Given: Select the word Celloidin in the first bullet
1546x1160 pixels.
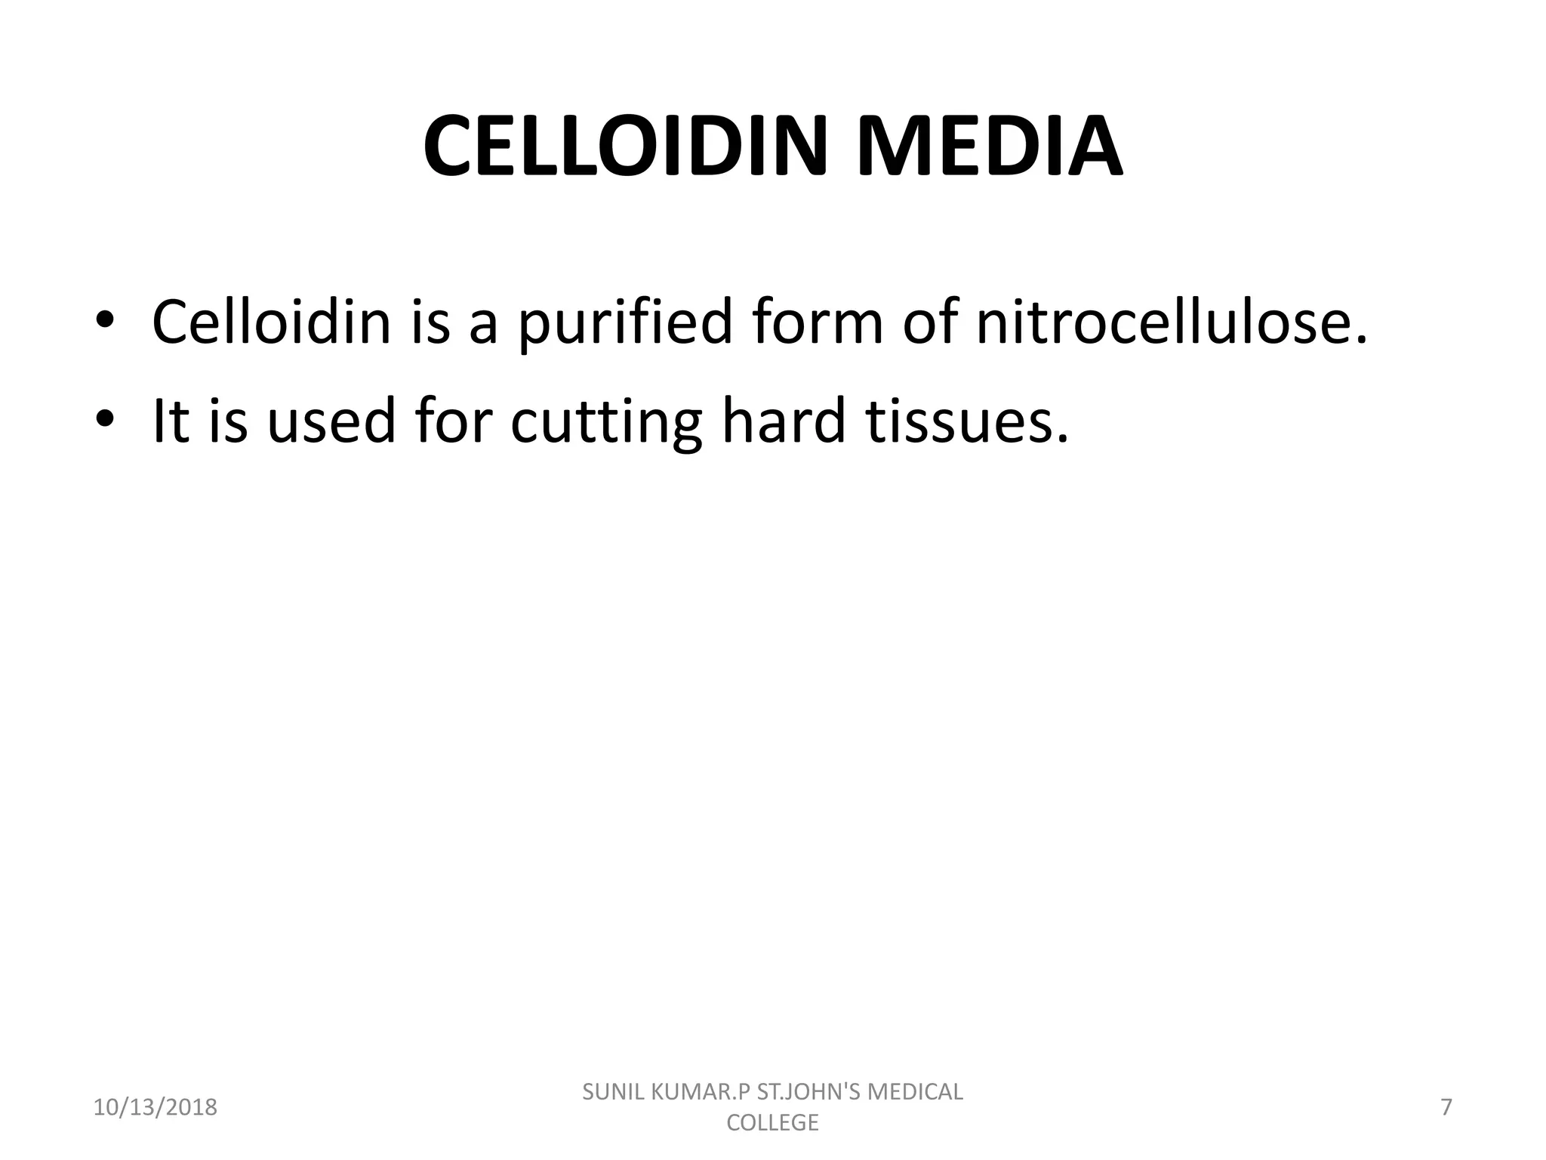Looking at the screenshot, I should pyautogui.click(x=271, y=322).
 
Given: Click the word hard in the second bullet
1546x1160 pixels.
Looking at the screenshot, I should pyautogui.click(x=784, y=420).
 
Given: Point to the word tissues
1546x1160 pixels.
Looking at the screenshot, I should pyautogui.click(x=967, y=420).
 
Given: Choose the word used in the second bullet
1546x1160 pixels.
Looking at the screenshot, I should pyautogui.click(x=331, y=420).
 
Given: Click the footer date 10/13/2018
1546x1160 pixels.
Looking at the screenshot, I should pyautogui.click(x=155, y=1107).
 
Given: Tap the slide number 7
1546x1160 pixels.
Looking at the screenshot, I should pyautogui.click(x=1446, y=1107).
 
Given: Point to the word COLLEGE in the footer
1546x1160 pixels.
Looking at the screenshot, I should pyautogui.click(x=772, y=1123).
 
